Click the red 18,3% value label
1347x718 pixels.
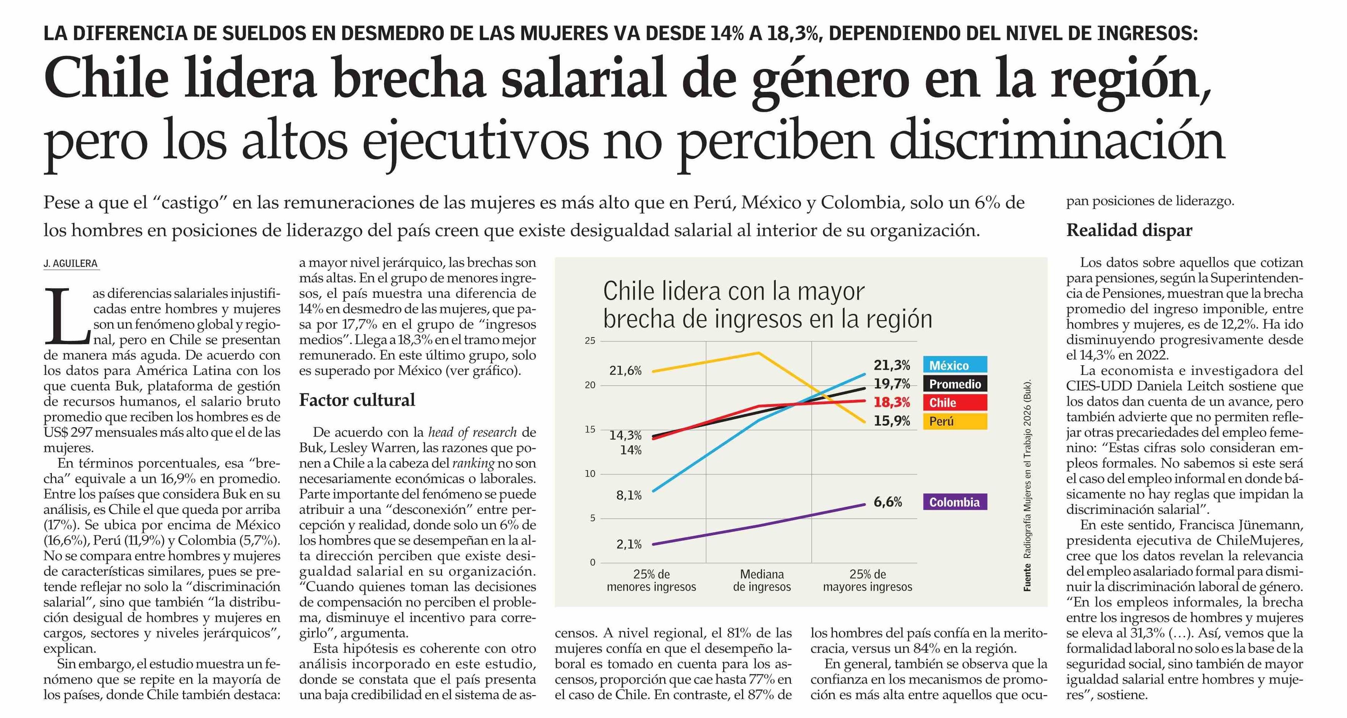tap(892, 402)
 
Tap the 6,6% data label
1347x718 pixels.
tap(888, 502)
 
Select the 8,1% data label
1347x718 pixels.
tap(629, 495)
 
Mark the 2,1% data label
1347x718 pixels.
tap(629, 544)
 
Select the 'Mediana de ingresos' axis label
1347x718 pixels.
tap(762, 581)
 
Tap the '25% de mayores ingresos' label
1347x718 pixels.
tap(868, 581)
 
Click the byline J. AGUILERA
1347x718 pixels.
tap(71, 263)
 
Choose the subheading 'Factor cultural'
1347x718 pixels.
tap(357, 400)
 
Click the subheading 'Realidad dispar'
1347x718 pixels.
tap(1130, 230)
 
